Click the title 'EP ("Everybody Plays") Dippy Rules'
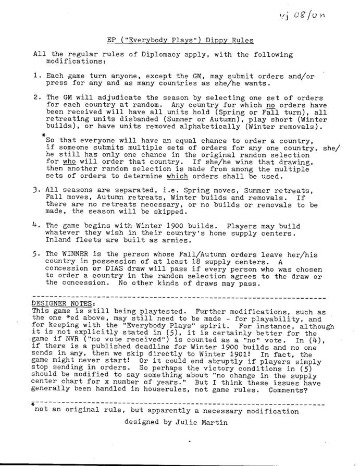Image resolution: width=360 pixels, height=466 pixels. point(177,40)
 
